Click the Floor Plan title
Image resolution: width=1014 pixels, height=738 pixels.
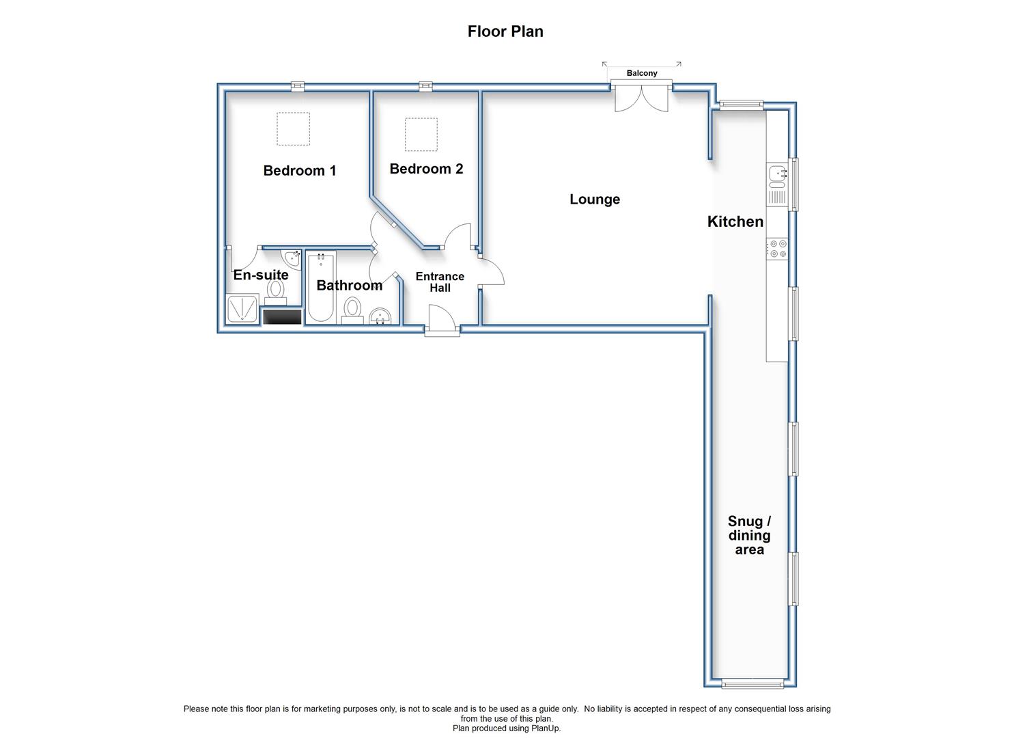(x=505, y=31)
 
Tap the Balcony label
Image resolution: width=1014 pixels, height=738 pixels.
(x=641, y=73)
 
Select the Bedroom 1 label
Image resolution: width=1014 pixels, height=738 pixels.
(x=300, y=170)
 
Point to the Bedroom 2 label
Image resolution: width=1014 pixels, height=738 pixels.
(x=426, y=169)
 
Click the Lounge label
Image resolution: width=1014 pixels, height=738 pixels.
(x=594, y=199)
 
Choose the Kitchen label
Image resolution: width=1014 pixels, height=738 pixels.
(x=735, y=221)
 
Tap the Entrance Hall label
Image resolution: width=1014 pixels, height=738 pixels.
(x=440, y=282)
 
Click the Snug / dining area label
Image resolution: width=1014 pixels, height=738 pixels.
(x=749, y=535)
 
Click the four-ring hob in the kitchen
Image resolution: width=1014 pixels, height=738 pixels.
(x=777, y=249)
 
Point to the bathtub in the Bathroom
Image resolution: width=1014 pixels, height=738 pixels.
(x=320, y=288)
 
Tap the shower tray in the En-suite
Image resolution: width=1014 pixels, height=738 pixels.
(x=242, y=309)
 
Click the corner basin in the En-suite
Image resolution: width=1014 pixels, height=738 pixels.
(x=292, y=258)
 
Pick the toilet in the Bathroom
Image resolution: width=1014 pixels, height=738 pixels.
(x=352, y=310)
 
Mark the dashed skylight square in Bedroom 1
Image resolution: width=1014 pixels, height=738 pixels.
(x=294, y=128)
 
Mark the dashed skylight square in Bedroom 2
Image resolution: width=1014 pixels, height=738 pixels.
(x=421, y=134)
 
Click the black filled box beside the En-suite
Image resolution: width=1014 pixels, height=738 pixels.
(x=283, y=316)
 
